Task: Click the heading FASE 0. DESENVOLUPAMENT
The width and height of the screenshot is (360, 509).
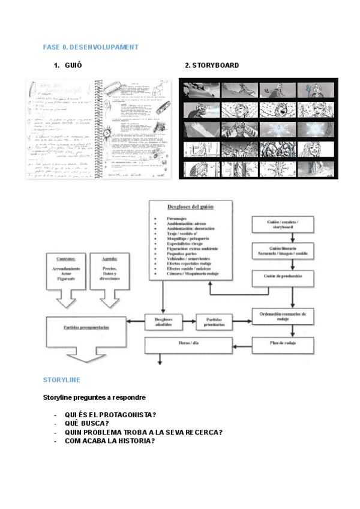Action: [x=91, y=47]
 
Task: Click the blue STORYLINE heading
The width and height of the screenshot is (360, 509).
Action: [x=62, y=380]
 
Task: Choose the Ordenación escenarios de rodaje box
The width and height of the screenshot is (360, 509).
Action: [x=282, y=315]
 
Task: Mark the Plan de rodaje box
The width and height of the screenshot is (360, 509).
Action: [x=282, y=343]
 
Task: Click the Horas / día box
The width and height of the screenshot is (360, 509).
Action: [x=189, y=344]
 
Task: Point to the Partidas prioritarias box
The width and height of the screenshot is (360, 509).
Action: [x=215, y=323]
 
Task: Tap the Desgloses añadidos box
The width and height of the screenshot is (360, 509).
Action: [x=163, y=322]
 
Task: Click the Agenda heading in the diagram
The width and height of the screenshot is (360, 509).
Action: [x=109, y=259]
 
